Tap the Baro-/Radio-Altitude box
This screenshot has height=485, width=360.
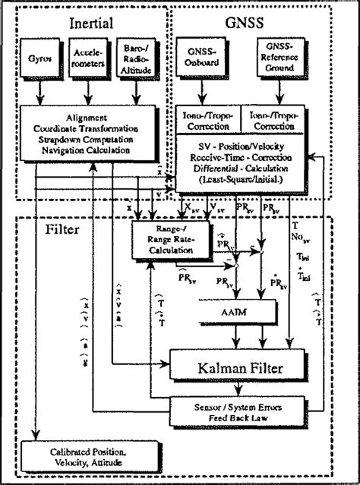137,58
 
